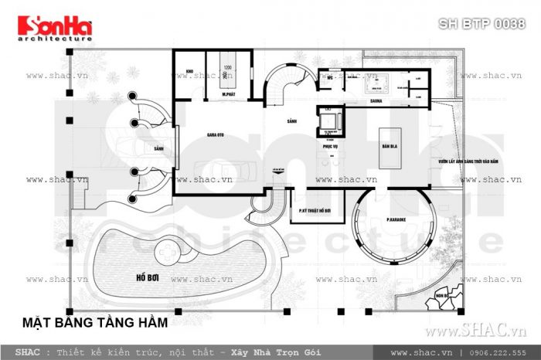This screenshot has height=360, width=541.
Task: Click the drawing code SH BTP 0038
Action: point(481,24)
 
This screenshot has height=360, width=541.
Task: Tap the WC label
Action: point(328,76)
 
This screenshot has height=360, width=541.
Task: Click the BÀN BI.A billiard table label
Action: point(390,144)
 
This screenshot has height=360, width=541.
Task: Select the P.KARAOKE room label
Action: point(397,220)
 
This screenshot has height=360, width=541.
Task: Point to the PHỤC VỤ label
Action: point(332,144)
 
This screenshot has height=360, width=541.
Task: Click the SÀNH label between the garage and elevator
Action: point(291,121)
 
